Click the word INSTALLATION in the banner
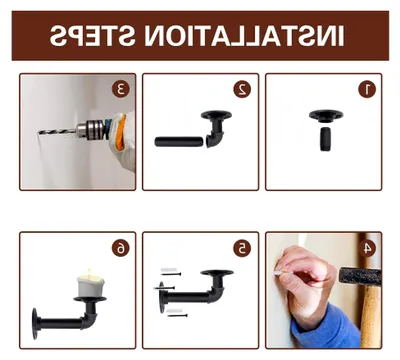click(244, 36)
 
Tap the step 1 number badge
click(367, 89)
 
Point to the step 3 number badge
click(120, 89)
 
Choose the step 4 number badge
click(367, 248)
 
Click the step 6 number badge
click(120, 248)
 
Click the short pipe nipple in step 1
click(326, 139)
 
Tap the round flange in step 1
click(326, 116)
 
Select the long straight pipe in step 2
click(179, 141)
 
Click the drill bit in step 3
click(57, 132)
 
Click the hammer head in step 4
click(360, 276)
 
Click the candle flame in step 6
click(89, 272)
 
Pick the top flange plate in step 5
click(217, 273)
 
